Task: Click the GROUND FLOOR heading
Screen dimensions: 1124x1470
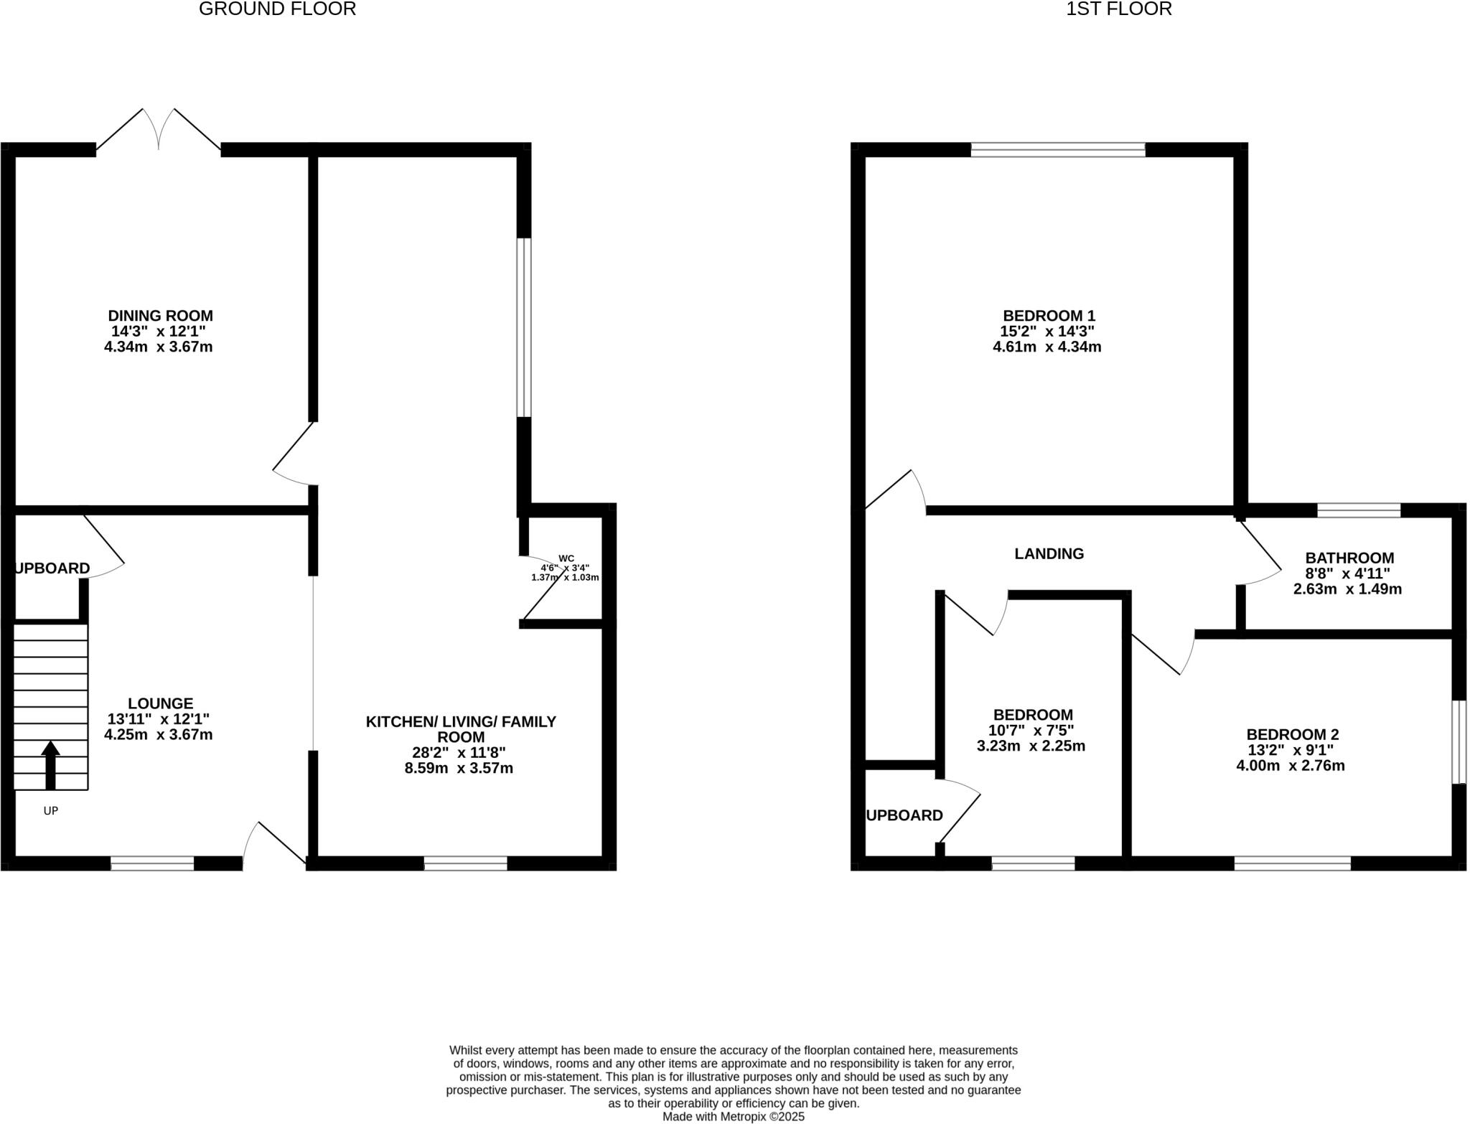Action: click(277, 9)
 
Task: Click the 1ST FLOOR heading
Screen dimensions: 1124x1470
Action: click(1118, 9)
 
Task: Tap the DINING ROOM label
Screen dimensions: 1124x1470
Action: click(160, 316)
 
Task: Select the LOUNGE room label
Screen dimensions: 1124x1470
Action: click(160, 703)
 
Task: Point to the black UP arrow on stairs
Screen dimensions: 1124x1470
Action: click(50, 764)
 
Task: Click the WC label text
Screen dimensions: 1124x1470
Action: click(566, 558)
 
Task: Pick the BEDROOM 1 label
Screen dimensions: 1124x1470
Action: click(1049, 316)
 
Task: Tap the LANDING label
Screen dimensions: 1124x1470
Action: click(1049, 553)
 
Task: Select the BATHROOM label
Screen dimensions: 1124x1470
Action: click(1349, 558)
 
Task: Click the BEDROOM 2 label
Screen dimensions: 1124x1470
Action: click(1293, 734)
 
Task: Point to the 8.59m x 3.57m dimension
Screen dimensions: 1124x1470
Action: click(459, 769)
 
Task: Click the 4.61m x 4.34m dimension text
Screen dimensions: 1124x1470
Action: click(1047, 347)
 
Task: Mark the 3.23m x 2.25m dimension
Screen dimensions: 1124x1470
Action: click(1031, 746)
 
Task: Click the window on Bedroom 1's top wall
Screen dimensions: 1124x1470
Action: click(1058, 149)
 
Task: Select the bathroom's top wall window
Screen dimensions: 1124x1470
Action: click(1359, 510)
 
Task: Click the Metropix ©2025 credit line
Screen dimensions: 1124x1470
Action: click(733, 1117)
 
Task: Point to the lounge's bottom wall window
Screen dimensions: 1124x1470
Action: click(152, 863)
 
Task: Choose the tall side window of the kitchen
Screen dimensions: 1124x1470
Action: click(525, 327)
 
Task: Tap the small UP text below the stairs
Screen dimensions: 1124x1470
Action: click(50, 810)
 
